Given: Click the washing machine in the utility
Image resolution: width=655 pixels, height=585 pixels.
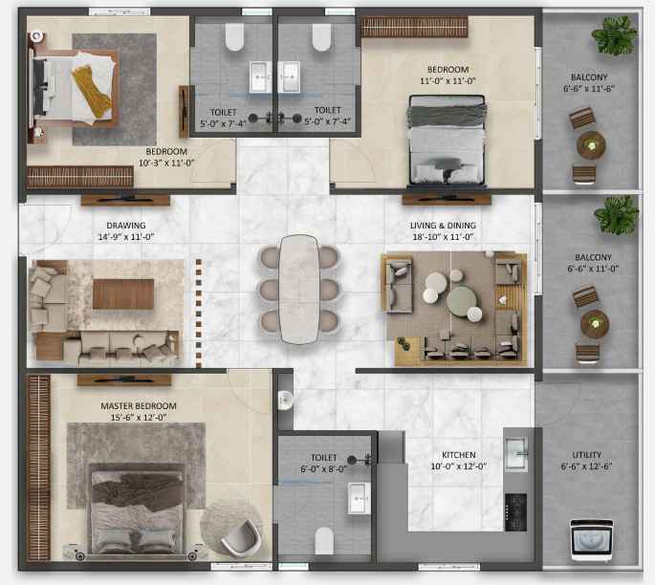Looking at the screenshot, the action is [x=592, y=539].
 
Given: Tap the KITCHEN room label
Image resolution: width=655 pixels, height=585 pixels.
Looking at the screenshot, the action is [x=459, y=455].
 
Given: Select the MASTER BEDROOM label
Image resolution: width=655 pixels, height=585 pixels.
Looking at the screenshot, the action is [x=139, y=406].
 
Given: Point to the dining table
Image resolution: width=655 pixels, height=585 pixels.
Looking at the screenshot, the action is [x=298, y=290].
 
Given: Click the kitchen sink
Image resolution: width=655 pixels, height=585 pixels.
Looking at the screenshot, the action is [x=516, y=453].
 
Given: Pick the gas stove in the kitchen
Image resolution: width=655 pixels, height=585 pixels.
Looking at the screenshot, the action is [x=515, y=512].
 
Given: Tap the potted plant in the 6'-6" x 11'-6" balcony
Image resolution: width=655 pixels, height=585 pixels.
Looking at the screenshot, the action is [x=614, y=35].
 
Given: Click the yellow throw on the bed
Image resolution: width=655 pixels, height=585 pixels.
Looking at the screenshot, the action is [x=92, y=91].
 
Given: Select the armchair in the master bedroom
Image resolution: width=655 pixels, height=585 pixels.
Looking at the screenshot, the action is [x=240, y=539].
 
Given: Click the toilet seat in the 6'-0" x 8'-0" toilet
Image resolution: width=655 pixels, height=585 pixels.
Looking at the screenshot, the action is [x=324, y=541].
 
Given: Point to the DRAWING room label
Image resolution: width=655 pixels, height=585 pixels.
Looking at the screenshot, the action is [x=125, y=226].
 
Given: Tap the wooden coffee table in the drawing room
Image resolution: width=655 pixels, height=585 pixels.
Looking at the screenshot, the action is [x=122, y=294].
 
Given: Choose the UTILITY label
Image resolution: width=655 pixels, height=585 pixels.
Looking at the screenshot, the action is [x=586, y=455].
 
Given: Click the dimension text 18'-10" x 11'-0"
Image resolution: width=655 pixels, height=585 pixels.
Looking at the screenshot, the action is [x=443, y=237].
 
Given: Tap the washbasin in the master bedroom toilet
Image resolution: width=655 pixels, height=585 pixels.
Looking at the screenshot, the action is [x=359, y=498].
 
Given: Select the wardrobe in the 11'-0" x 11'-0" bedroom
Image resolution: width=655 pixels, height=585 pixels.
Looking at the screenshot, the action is [x=414, y=27].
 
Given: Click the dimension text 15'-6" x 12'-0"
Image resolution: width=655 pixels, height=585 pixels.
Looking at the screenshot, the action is [x=139, y=417].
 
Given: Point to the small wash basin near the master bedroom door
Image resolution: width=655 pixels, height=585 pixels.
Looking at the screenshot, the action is [x=285, y=400].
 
